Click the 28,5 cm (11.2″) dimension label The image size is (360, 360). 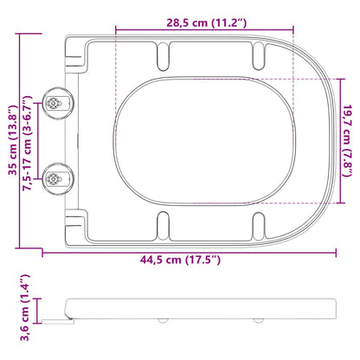click(207, 22)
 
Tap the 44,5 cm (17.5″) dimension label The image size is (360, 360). click(180, 260)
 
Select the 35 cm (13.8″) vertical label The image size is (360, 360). click(13, 140)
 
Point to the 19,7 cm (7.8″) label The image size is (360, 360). click(348, 140)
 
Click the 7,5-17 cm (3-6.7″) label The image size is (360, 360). click(27, 144)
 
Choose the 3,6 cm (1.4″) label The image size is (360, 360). click(25, 307)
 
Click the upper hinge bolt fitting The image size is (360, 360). click(58, 103)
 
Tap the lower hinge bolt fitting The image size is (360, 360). click(58, 179)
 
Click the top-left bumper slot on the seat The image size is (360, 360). click(163, 56)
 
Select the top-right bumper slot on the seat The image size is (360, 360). click(258, 55)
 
